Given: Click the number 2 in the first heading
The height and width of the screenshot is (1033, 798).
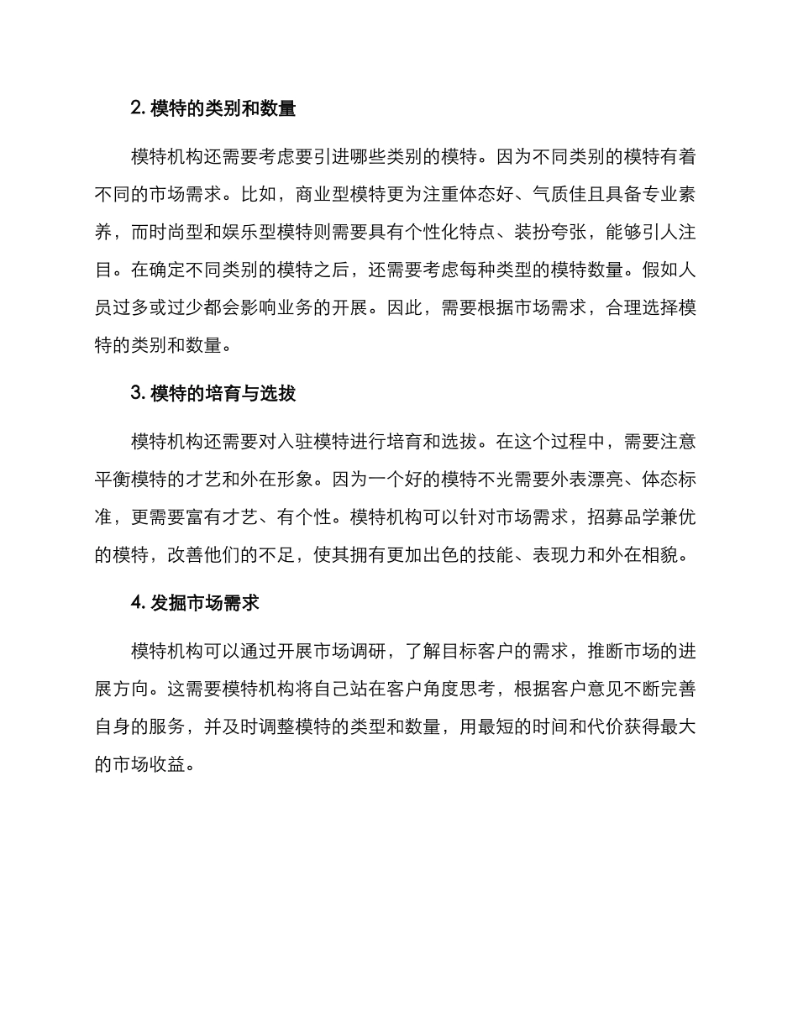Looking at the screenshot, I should coord(137,108).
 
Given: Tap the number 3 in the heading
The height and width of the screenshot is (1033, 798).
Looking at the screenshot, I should coord(137,393).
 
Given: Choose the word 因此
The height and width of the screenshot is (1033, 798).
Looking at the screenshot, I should coord(407,307).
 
